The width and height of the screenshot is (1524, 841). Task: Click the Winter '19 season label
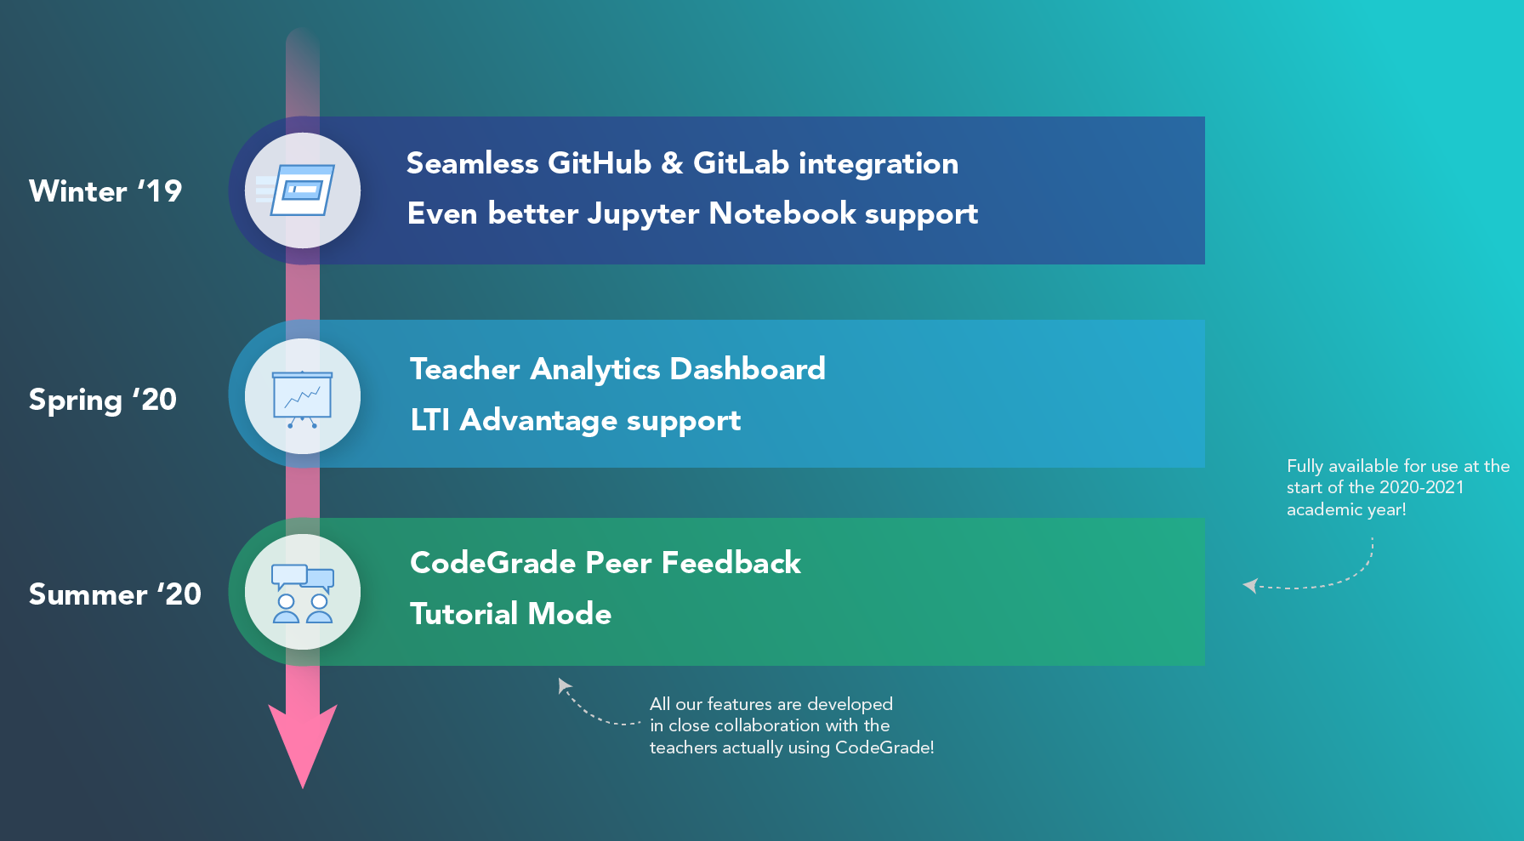pyautogui.click(x=105, y=191)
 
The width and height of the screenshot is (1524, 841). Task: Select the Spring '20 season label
pyautogui.click(x=103, y=400)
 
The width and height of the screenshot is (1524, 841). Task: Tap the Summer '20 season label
pyautogui.click(x=115, y=594)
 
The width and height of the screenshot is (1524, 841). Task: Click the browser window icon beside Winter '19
pyautogui.click(x=303, y=190)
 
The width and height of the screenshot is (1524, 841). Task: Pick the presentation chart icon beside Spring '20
pyautogui.click(x=303, y=397)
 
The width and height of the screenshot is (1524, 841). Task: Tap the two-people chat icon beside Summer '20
pyautogui.click(x=303, y=593)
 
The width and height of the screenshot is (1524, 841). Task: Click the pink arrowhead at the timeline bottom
pyautogui.click(x=303, y=741)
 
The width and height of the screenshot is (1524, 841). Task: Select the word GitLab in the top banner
pyautogui.click(x=741, y=163)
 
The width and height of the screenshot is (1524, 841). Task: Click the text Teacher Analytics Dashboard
pyautogui.click(x=617, y=369)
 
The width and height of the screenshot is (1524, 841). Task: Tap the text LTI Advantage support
pyautogui.click(x=576, y=420)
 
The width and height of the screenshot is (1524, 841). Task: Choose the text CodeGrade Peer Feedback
pyautogui.click(x=606, y=563)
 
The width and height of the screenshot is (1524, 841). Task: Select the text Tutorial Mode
pyautogui.click(x=510, y=614)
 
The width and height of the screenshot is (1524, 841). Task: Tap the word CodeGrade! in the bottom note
pyautogui.click(x=884, y=747)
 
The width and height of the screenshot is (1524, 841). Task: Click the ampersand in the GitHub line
pyautogui.click(x=672, y=163)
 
